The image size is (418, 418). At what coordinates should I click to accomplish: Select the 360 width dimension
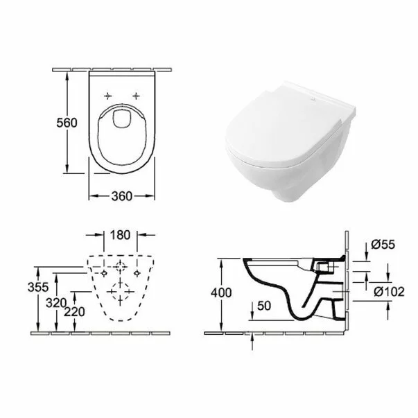122,197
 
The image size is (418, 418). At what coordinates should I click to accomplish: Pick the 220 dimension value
75,312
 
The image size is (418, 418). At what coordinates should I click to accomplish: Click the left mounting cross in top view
107,94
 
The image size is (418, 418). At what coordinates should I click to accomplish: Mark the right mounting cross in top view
137,94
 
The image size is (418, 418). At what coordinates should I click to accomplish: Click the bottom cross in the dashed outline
122,299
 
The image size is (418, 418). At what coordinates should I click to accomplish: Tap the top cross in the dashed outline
122,266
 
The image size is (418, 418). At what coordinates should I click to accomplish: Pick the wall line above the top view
122,69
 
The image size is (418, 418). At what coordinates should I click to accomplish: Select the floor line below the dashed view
104,331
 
